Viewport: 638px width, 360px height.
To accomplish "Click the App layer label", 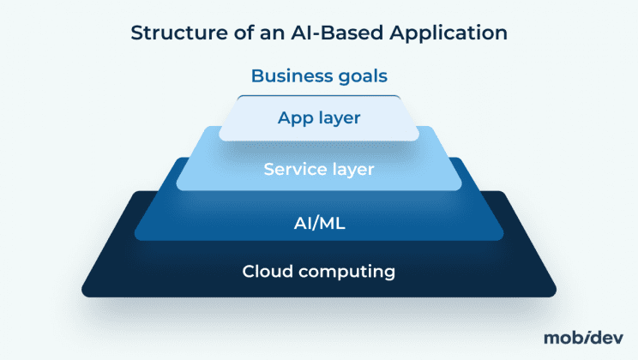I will click(x=319, y=117).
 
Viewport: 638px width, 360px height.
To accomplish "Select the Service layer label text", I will click(x=319, y=169).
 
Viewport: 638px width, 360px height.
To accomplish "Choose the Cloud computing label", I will click(x=319, y=273).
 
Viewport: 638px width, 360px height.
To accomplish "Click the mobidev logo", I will click(x=584, y=337).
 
